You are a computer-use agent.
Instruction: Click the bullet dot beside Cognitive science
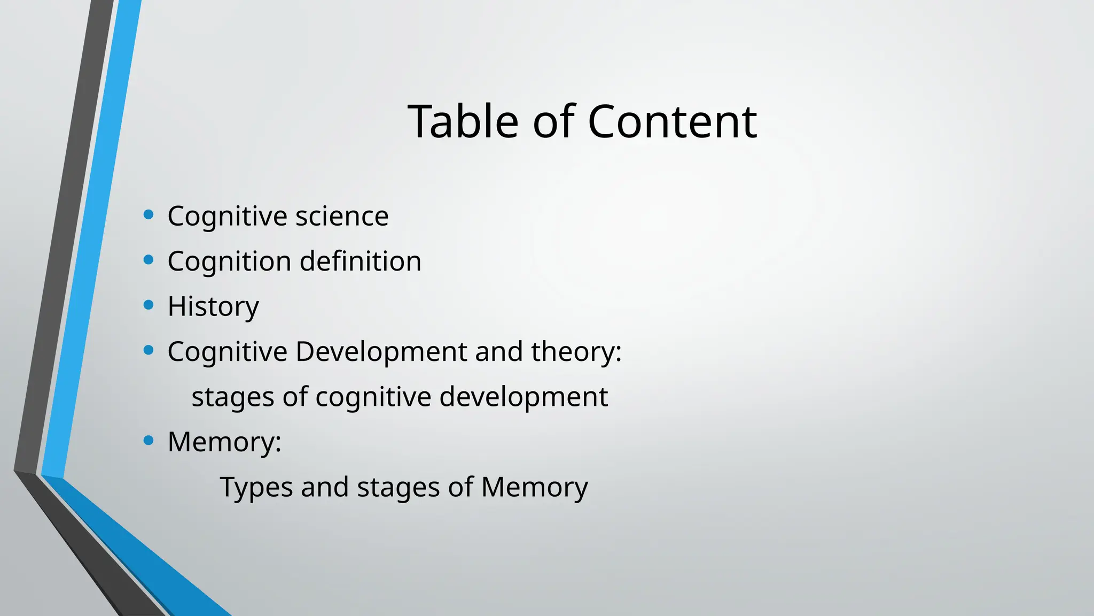coord(149,215)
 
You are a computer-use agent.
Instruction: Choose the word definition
coord(361,261)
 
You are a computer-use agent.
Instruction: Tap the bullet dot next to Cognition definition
coord(149,260)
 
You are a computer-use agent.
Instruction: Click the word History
coord(213,307)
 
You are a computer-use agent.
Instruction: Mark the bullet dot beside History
coord(149,305)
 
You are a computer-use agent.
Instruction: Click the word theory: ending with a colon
coord(576,352)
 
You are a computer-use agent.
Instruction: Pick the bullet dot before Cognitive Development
coord(149,351)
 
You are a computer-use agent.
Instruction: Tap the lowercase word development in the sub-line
coord(523,397)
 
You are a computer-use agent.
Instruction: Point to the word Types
coord(256,488)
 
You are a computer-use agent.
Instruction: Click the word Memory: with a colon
coord(224,442)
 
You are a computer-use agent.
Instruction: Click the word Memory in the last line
coord(534,488)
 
